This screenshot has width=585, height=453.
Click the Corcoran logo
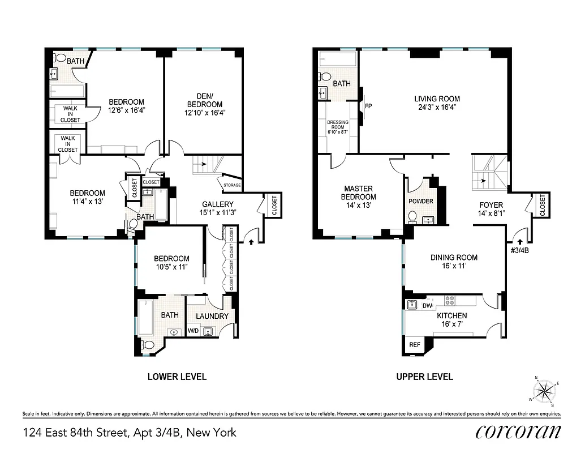coord(518,431)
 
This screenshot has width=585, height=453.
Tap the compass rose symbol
coord(545,390)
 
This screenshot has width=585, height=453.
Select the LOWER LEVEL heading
coord(177,377)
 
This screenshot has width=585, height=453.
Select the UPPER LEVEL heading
coord(424,377)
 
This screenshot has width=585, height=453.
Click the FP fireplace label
coord(368,106)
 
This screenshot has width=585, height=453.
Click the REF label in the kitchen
coord(414,345)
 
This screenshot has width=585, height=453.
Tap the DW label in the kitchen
coord(427,306)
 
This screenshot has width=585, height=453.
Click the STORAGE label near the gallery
coord(231,185)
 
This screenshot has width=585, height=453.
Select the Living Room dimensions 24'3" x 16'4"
coord(437,107)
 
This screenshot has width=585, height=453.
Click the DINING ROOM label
coord(454,258)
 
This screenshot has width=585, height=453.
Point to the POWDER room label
coord(420,202)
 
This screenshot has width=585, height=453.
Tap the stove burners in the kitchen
coord(450,300)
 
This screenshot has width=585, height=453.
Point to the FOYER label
coord(491,205)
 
